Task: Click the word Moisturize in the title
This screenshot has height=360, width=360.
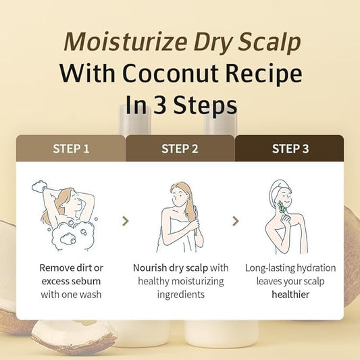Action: pyautogui.click(x=126, y=42)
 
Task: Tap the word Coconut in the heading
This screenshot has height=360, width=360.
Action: pyautogui.click(x=170, y=74)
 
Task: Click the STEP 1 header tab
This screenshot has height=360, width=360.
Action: pyautogui.click(x=71, y=149)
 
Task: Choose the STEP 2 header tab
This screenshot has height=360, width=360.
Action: pyautogui.click(x=180, y=149)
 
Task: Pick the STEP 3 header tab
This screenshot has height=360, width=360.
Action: pyautogui.click(x=290, y=149)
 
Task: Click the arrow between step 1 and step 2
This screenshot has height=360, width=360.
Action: pyautogui.click(x=126, y=221)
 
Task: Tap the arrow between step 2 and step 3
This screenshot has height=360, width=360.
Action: pyautogui.click(x=236, y=221)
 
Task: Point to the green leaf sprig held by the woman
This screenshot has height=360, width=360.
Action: pyautogui.click(x=282, y=208)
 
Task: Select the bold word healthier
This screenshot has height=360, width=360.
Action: pyautogui.click(x=290, y=294)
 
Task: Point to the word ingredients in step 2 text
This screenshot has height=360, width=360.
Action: pyautogui.click(x=181, y=294)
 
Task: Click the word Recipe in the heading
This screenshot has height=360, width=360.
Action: pyautogui.click(x=263, y=74)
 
